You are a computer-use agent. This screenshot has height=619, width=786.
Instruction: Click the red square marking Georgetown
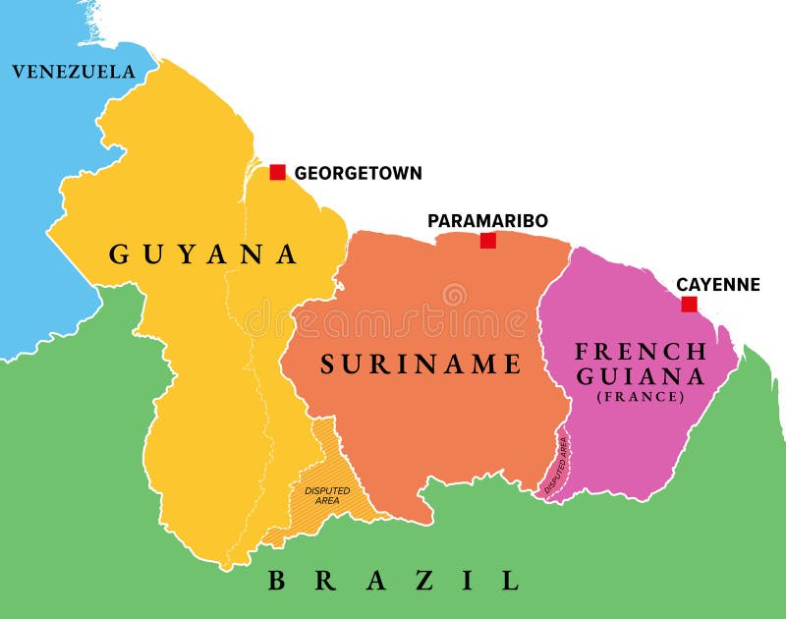(277, 172)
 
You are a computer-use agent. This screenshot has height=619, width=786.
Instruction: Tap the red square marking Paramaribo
(487, 240)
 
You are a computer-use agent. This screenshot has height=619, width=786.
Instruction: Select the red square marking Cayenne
(689, 305)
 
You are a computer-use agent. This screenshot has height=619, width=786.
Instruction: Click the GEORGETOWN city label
(358, 173)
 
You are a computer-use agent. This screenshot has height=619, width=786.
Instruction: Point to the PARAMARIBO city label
(487, 220)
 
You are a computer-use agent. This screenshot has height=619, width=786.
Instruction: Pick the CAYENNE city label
(717, 284)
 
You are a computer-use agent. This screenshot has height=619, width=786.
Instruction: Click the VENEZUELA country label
(73, 72)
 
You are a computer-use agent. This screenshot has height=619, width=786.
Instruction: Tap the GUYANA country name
(202, 254)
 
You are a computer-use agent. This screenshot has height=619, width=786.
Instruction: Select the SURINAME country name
(421, 365)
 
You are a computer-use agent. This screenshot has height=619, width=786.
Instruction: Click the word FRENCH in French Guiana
(641, 351)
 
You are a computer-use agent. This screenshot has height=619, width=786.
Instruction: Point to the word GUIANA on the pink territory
(641, 376)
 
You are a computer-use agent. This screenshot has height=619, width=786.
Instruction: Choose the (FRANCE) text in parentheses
(641, 397)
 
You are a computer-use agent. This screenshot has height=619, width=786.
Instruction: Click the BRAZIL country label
(393, 581)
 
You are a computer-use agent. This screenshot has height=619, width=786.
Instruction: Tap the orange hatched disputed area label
(327, 495)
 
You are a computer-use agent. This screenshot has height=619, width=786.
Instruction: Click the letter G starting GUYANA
(119, 254)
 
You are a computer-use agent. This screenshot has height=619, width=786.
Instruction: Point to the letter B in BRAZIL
(278, 581)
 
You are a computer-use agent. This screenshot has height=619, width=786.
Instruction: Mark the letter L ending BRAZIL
(509, 581)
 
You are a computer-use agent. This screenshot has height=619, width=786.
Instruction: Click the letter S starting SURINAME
(328, 365)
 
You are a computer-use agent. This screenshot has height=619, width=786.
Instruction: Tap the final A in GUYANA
(286, 254)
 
